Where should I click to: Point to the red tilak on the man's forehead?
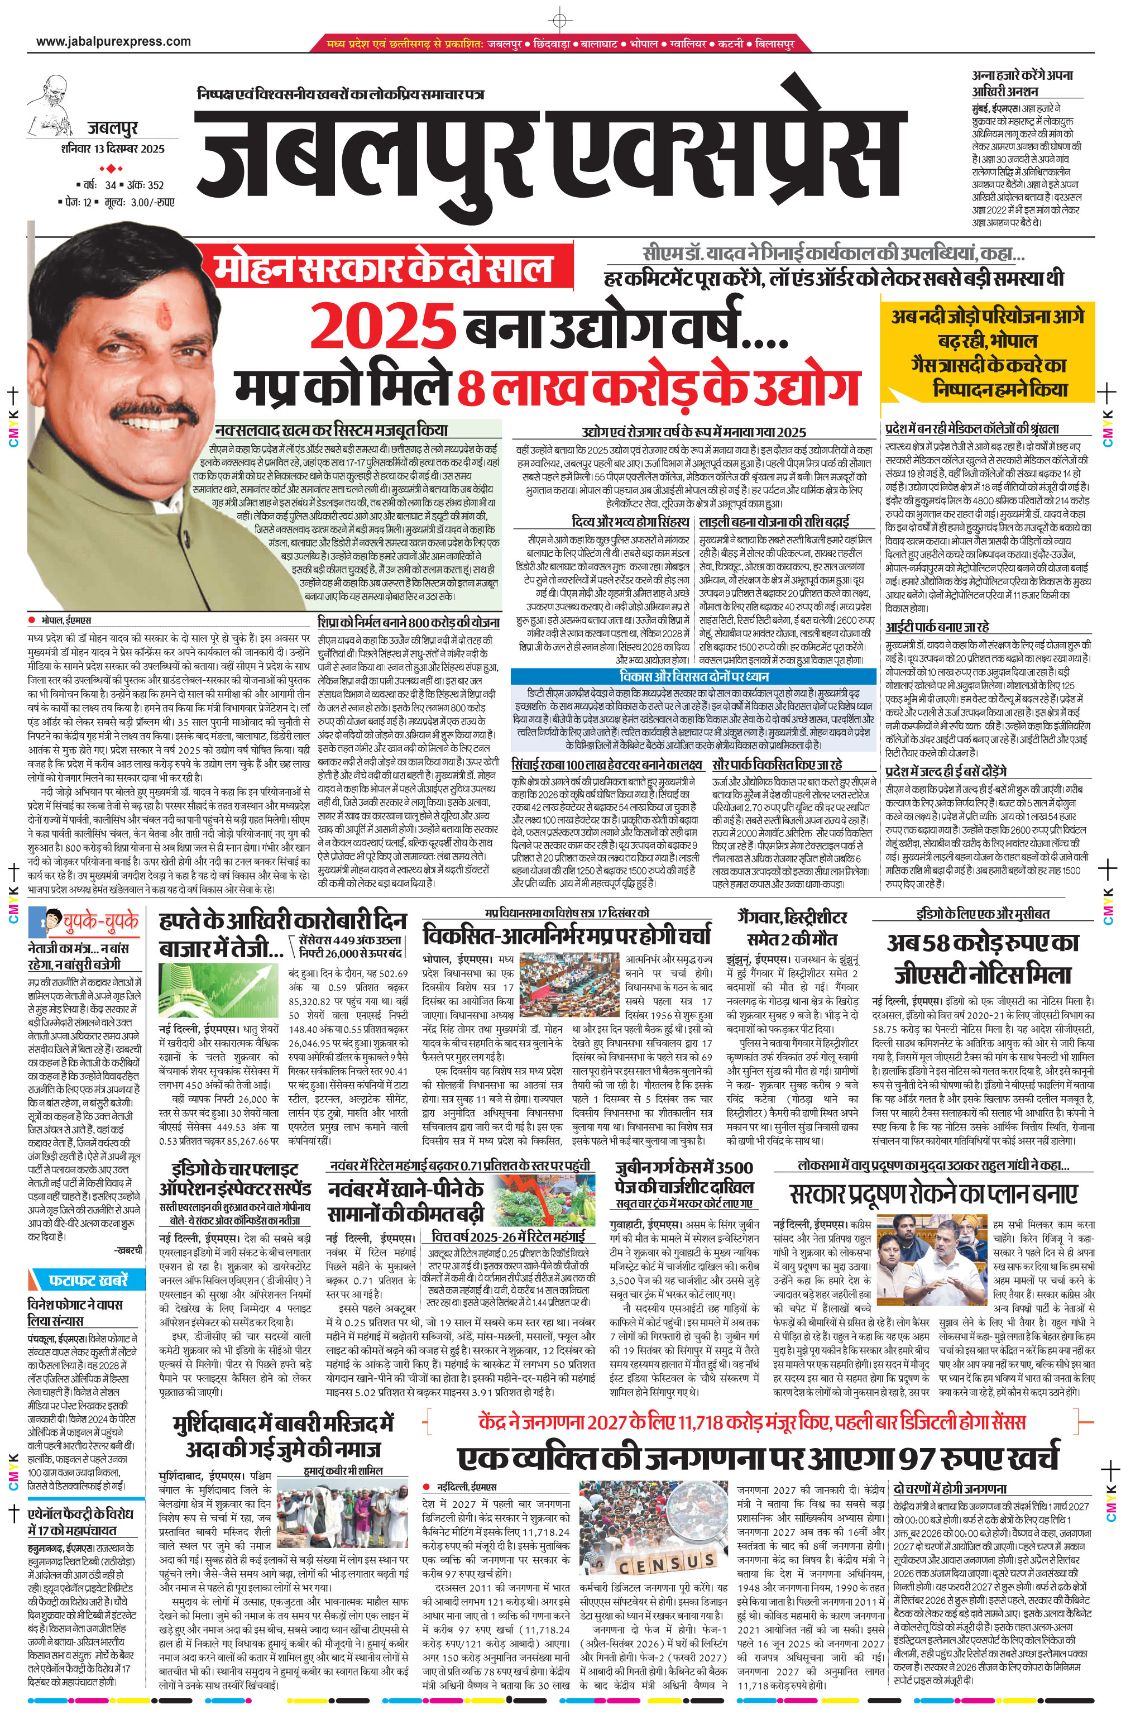[x=161, y=310]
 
